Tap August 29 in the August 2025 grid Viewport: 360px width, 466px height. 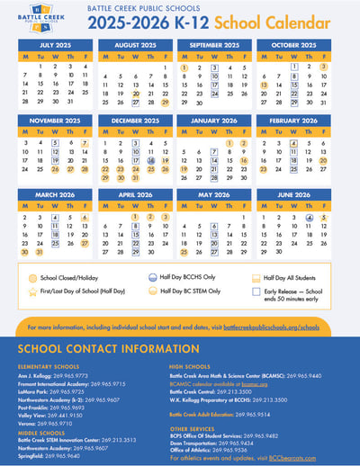pos(166,103)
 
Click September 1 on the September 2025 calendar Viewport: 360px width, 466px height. pos(184,67)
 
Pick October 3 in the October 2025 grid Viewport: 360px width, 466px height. pos(323,67)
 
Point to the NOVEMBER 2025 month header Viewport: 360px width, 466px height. pos(56,120)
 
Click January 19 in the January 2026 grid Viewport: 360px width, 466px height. pos(184,168)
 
